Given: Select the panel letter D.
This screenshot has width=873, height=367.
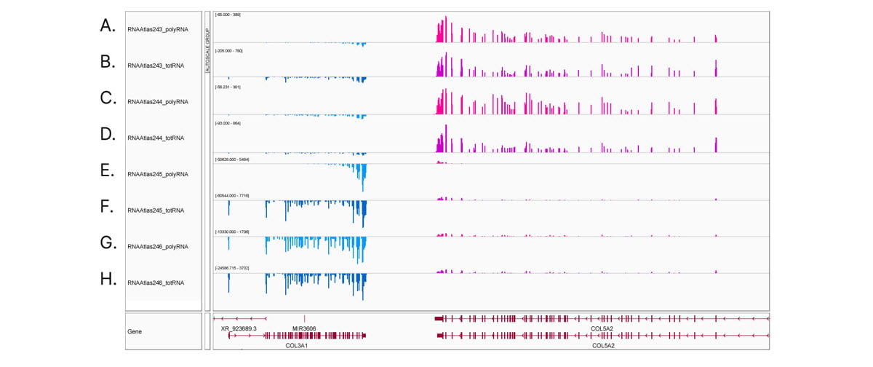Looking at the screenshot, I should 108,134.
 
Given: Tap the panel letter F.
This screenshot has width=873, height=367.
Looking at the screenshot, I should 108,207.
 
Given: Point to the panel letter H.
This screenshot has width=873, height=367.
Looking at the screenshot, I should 108,279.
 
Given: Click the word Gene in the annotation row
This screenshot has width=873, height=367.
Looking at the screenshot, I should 135,331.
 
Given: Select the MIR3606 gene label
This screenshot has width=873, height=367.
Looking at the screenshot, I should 304,328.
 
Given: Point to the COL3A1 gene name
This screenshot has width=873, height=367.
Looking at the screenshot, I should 296,345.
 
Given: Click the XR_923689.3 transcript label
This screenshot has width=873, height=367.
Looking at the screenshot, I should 239,328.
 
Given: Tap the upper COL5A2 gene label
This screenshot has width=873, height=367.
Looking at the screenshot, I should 602,328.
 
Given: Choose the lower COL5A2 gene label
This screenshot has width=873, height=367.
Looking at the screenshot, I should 603,345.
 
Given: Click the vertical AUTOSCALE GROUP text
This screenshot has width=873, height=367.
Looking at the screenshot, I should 207,44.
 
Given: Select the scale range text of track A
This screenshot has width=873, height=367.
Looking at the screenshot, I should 228,15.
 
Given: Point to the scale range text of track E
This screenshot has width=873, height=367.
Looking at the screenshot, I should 232,159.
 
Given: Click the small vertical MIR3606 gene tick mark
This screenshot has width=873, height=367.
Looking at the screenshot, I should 304,318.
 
